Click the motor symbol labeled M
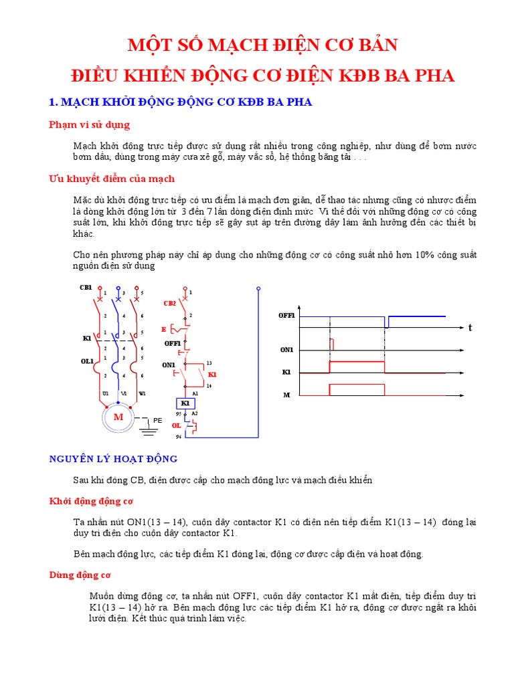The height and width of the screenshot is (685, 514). point(118,417)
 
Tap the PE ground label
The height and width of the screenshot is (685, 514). point(158,420)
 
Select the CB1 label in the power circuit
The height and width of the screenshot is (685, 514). point(86,287)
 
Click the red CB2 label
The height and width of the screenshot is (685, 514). point(170,303)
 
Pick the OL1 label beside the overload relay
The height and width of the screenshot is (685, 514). point(87,361)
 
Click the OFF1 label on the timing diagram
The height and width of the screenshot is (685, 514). point(287,315)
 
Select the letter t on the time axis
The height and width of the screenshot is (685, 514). point(470,328)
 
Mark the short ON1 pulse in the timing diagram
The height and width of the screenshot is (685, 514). point(333,344)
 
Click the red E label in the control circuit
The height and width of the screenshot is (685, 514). point(163,329)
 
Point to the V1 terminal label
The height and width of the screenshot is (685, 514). point(124,393)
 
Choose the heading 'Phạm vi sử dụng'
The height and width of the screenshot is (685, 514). point(90,124)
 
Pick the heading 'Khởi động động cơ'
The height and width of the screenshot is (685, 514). point(92,500)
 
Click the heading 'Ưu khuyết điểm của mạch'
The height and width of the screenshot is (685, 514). point(112,179)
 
